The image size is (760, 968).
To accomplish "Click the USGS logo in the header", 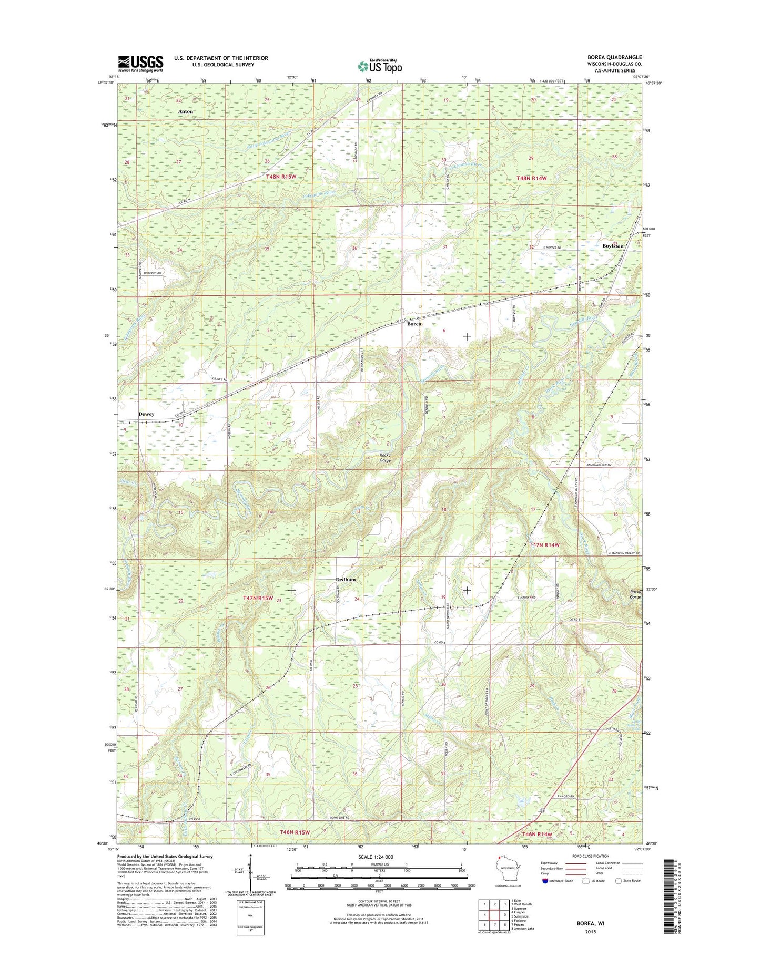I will point(140,63).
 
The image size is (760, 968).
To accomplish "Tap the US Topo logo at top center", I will point(380,66).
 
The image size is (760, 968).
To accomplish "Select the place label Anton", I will point(185,111).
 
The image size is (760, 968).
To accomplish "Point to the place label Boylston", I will point(613,246).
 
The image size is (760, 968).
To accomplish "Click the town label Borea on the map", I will point(414,324).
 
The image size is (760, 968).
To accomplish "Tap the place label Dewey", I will point(146,414).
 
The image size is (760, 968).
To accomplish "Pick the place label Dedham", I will point(346,579).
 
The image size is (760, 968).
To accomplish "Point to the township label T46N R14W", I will point(536,834).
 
